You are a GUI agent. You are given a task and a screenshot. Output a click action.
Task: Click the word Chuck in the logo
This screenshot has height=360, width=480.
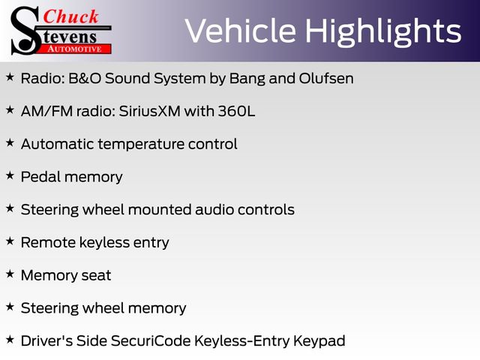(70, 16)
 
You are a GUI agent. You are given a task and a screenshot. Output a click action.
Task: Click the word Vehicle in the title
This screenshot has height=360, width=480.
(241, 31)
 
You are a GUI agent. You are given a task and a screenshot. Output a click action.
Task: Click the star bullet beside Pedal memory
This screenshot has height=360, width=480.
(10, 175)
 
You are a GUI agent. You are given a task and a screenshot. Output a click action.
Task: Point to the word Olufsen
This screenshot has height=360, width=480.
(326, 78)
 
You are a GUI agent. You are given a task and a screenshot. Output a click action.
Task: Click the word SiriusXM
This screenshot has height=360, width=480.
(150, 111)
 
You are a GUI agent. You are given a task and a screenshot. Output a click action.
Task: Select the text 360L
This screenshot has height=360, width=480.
(236, 111)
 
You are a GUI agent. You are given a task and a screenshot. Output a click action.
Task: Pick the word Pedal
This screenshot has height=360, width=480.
(40, 177)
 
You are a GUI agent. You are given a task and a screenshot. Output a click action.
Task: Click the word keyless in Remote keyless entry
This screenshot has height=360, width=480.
(104, 243)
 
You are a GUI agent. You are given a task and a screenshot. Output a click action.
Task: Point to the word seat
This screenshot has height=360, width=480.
(96, 275)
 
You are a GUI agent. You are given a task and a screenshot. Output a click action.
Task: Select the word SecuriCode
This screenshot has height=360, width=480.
(151, 340)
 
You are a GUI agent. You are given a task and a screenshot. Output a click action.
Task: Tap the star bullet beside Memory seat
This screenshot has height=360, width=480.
(10, 274)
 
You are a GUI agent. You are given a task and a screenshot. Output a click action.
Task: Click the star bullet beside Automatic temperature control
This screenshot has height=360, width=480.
(10, 142)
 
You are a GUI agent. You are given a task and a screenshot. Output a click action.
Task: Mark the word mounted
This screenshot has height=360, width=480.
(160, 210)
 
